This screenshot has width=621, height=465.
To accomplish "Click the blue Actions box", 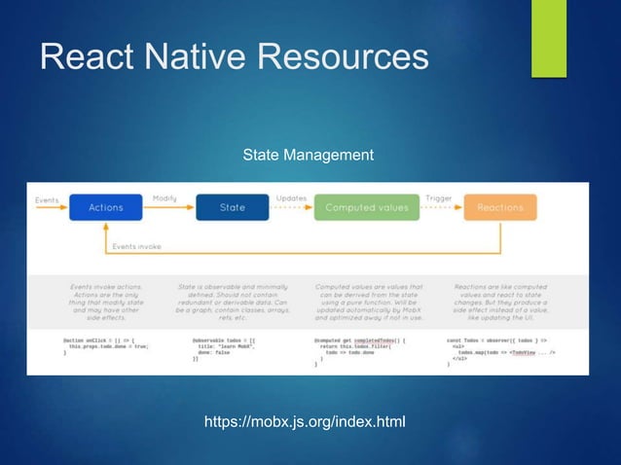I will pos(105,207).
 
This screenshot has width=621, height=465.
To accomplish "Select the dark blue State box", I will pos(232,207).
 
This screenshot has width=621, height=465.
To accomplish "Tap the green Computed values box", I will pos(366,207).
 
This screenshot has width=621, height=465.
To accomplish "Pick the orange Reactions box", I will pos(499,207).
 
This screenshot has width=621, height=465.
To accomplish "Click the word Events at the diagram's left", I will pos(47,200).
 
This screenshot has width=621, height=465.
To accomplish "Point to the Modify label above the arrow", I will pos(164,197).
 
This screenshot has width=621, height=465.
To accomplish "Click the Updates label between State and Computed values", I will pos(291,197).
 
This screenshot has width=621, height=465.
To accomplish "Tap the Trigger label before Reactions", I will pos(438,197).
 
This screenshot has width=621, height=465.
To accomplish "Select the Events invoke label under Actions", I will pos(136,246).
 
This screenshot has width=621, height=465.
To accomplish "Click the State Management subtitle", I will pos(308,155).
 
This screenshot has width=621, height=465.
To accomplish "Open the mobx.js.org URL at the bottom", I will pos(304,421).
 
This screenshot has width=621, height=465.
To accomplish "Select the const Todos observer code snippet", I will pos(502,351).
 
